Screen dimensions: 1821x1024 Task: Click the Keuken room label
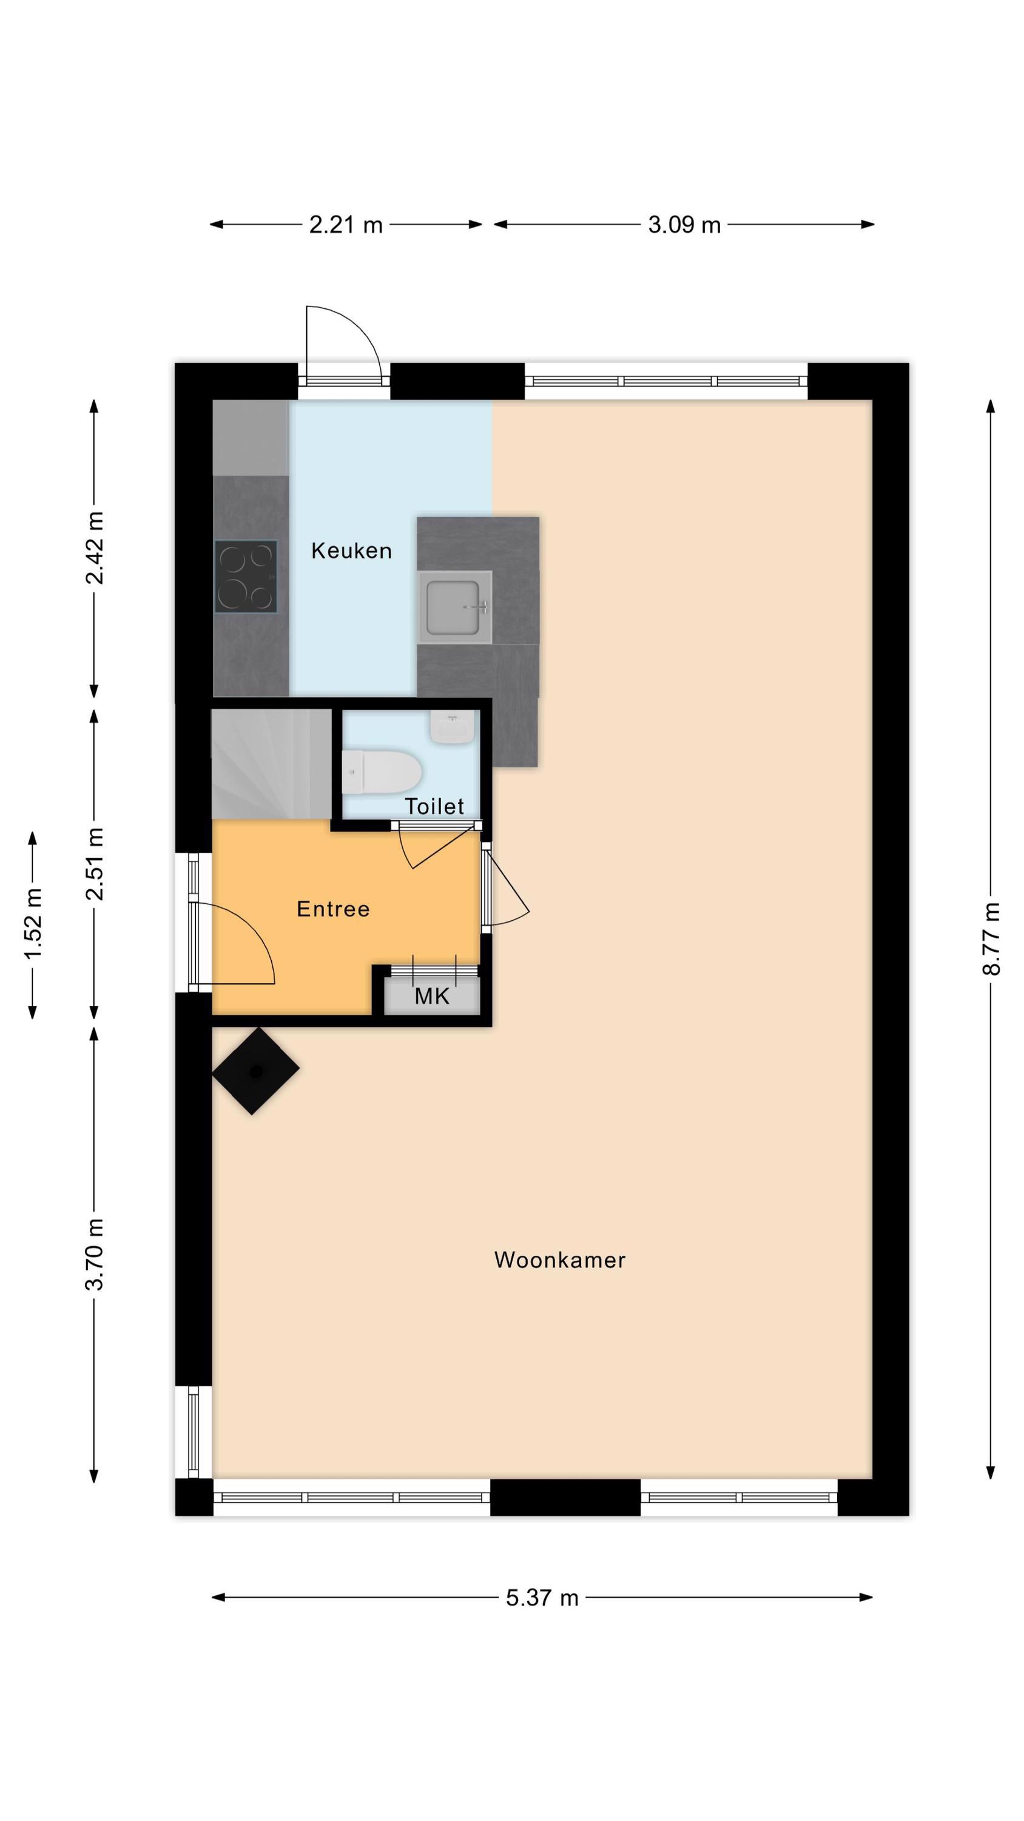351,551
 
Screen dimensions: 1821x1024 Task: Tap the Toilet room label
434,806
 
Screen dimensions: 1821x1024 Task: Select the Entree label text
333,909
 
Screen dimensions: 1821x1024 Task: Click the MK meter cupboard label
432,997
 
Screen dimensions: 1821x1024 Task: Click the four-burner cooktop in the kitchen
246,577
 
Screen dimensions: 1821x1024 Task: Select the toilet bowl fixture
382,771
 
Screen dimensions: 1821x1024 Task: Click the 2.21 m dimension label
346,225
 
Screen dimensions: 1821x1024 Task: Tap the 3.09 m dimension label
684,225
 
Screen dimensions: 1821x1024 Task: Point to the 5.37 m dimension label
542,1598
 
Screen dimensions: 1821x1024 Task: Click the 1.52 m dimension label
33,924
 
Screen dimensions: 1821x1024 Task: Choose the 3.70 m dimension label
94,1255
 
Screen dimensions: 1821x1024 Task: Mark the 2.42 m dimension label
94,549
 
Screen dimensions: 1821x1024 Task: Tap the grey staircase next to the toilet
271,764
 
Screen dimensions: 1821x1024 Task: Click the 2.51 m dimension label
94,864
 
